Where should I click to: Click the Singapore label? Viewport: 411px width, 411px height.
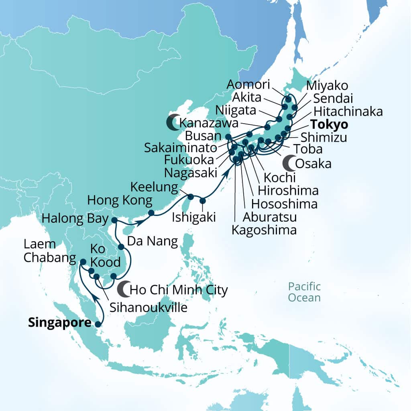(59, 323)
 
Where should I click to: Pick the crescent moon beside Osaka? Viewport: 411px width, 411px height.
(288, 163)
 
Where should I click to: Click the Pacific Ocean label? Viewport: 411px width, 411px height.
(305, 292)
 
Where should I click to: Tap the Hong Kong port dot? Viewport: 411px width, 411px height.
(151, 213)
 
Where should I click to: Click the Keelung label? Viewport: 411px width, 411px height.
(155, 187)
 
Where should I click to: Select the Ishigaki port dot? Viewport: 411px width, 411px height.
(203, 201)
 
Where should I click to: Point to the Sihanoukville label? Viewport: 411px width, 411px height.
(149, 308)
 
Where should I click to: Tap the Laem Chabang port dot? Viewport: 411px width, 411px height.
(83, 262)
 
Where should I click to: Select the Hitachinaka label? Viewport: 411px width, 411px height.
(348, 111)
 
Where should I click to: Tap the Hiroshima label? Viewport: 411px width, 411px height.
(289, 191)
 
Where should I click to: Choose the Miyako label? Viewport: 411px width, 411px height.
(327, 85)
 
